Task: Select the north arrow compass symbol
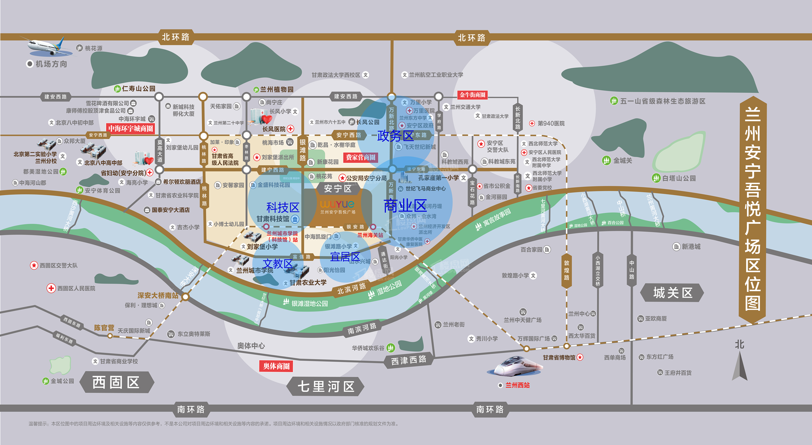coord(740,365)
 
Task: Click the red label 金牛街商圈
coord(473,95)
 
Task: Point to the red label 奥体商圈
coord(276,366)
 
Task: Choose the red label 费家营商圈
coord(361,158)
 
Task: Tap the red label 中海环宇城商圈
coord(131,129)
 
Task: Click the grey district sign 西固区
coord(117,382)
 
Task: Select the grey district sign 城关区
coord(672,293)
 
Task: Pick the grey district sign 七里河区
coord(326,387)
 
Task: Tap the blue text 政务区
coord(395,136)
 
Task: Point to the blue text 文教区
coord(278,264)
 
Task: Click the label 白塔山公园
coord(679,178)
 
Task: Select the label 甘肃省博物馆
coord(559,358)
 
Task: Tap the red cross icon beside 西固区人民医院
coord(51,288)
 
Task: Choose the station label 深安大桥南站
coord(158,296)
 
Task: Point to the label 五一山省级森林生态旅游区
coord(663,101)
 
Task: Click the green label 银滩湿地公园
coord(309,303)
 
